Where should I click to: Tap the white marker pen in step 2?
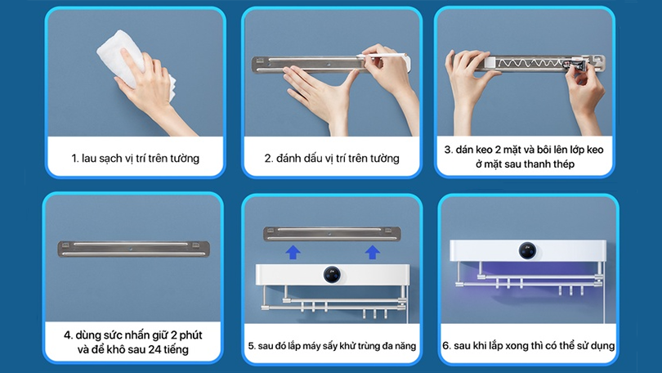point(382,56)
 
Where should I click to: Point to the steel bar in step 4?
point(133,249)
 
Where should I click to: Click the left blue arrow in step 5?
point(293,252)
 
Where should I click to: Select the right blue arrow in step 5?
point(373,252)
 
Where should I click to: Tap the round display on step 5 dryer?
point(332,275)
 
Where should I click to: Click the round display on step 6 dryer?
point(527,250)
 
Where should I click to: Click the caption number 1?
point(74,159)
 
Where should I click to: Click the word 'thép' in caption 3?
point(564,164)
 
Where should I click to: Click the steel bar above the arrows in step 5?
point(333,234)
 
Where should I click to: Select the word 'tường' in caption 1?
point(185,159)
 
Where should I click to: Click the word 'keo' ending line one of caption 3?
point(594,150)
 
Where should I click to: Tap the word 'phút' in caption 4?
point(190,335)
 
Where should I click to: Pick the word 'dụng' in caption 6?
point(603,346)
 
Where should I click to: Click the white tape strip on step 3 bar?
point(490,63)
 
